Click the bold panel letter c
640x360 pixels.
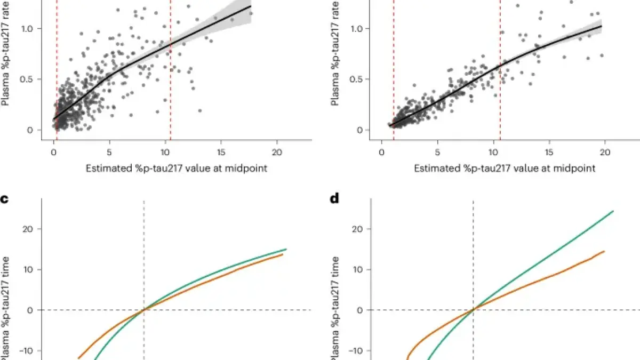5,199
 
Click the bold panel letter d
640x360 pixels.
334,199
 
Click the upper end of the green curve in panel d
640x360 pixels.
613,211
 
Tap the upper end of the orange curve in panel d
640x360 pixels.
604,251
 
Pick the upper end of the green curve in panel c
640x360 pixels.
286,249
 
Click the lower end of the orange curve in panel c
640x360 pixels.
78,358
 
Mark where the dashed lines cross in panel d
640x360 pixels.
473,310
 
